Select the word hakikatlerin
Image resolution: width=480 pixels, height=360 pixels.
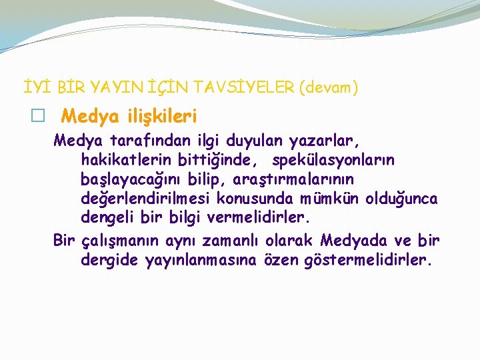(127, 161)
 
